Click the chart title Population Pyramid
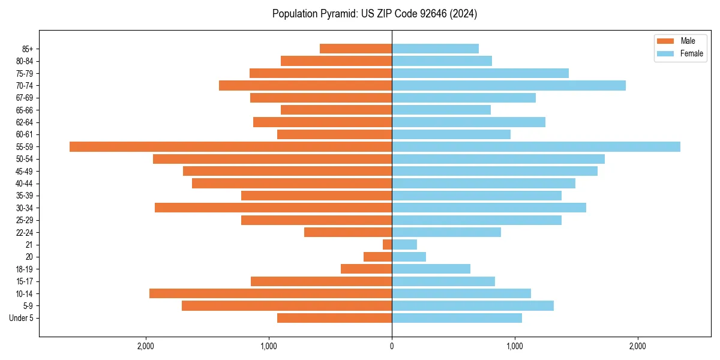point(374,14)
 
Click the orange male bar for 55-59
point(230,147)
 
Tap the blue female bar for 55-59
point(536,147)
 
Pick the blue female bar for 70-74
point(509,86)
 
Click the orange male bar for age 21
point(388,245)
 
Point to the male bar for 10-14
point(271,293)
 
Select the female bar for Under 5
point(457,318)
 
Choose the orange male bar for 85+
point(356,49)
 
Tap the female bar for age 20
point(409,257)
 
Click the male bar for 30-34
point(273,208)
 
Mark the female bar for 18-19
point(431,269)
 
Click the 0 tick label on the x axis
point(392,346)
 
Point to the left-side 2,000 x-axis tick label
point(146,346)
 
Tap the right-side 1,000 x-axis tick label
point(514,346)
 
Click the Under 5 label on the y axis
point(21,318)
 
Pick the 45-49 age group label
point(24,172)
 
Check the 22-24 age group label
point(24,233)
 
